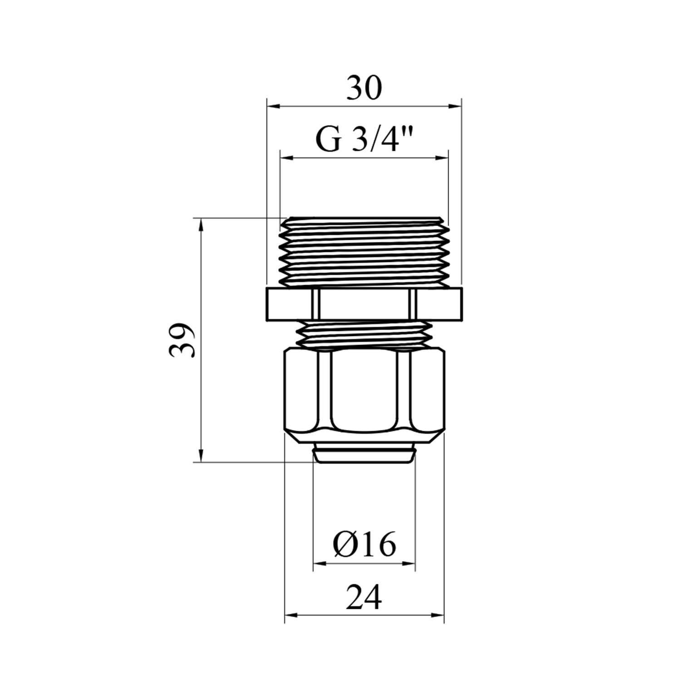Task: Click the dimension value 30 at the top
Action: tap(364, 89)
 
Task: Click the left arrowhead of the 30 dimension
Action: tap(273, 106)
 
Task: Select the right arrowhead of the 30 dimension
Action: tap(455, 106)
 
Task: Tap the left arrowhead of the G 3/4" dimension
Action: tap(286, 158)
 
